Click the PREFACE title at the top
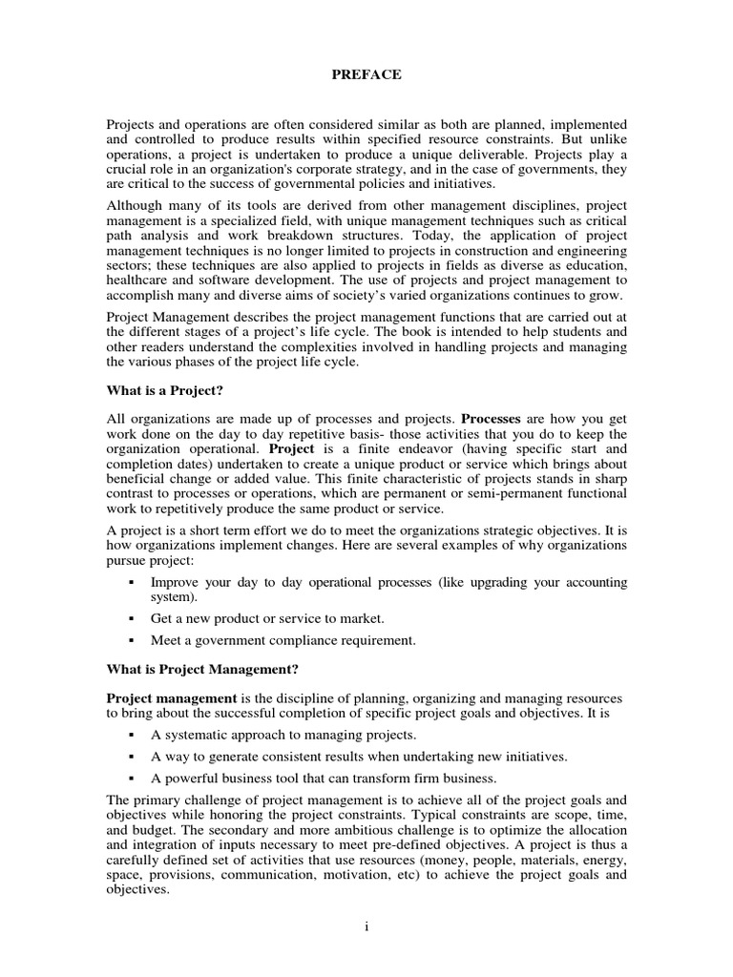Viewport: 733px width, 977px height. click(x=366, y=75)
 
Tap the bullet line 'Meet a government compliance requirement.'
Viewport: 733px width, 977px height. click(x=283, y=641)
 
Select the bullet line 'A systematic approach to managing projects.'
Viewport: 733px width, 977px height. click(x=283, y=736)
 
